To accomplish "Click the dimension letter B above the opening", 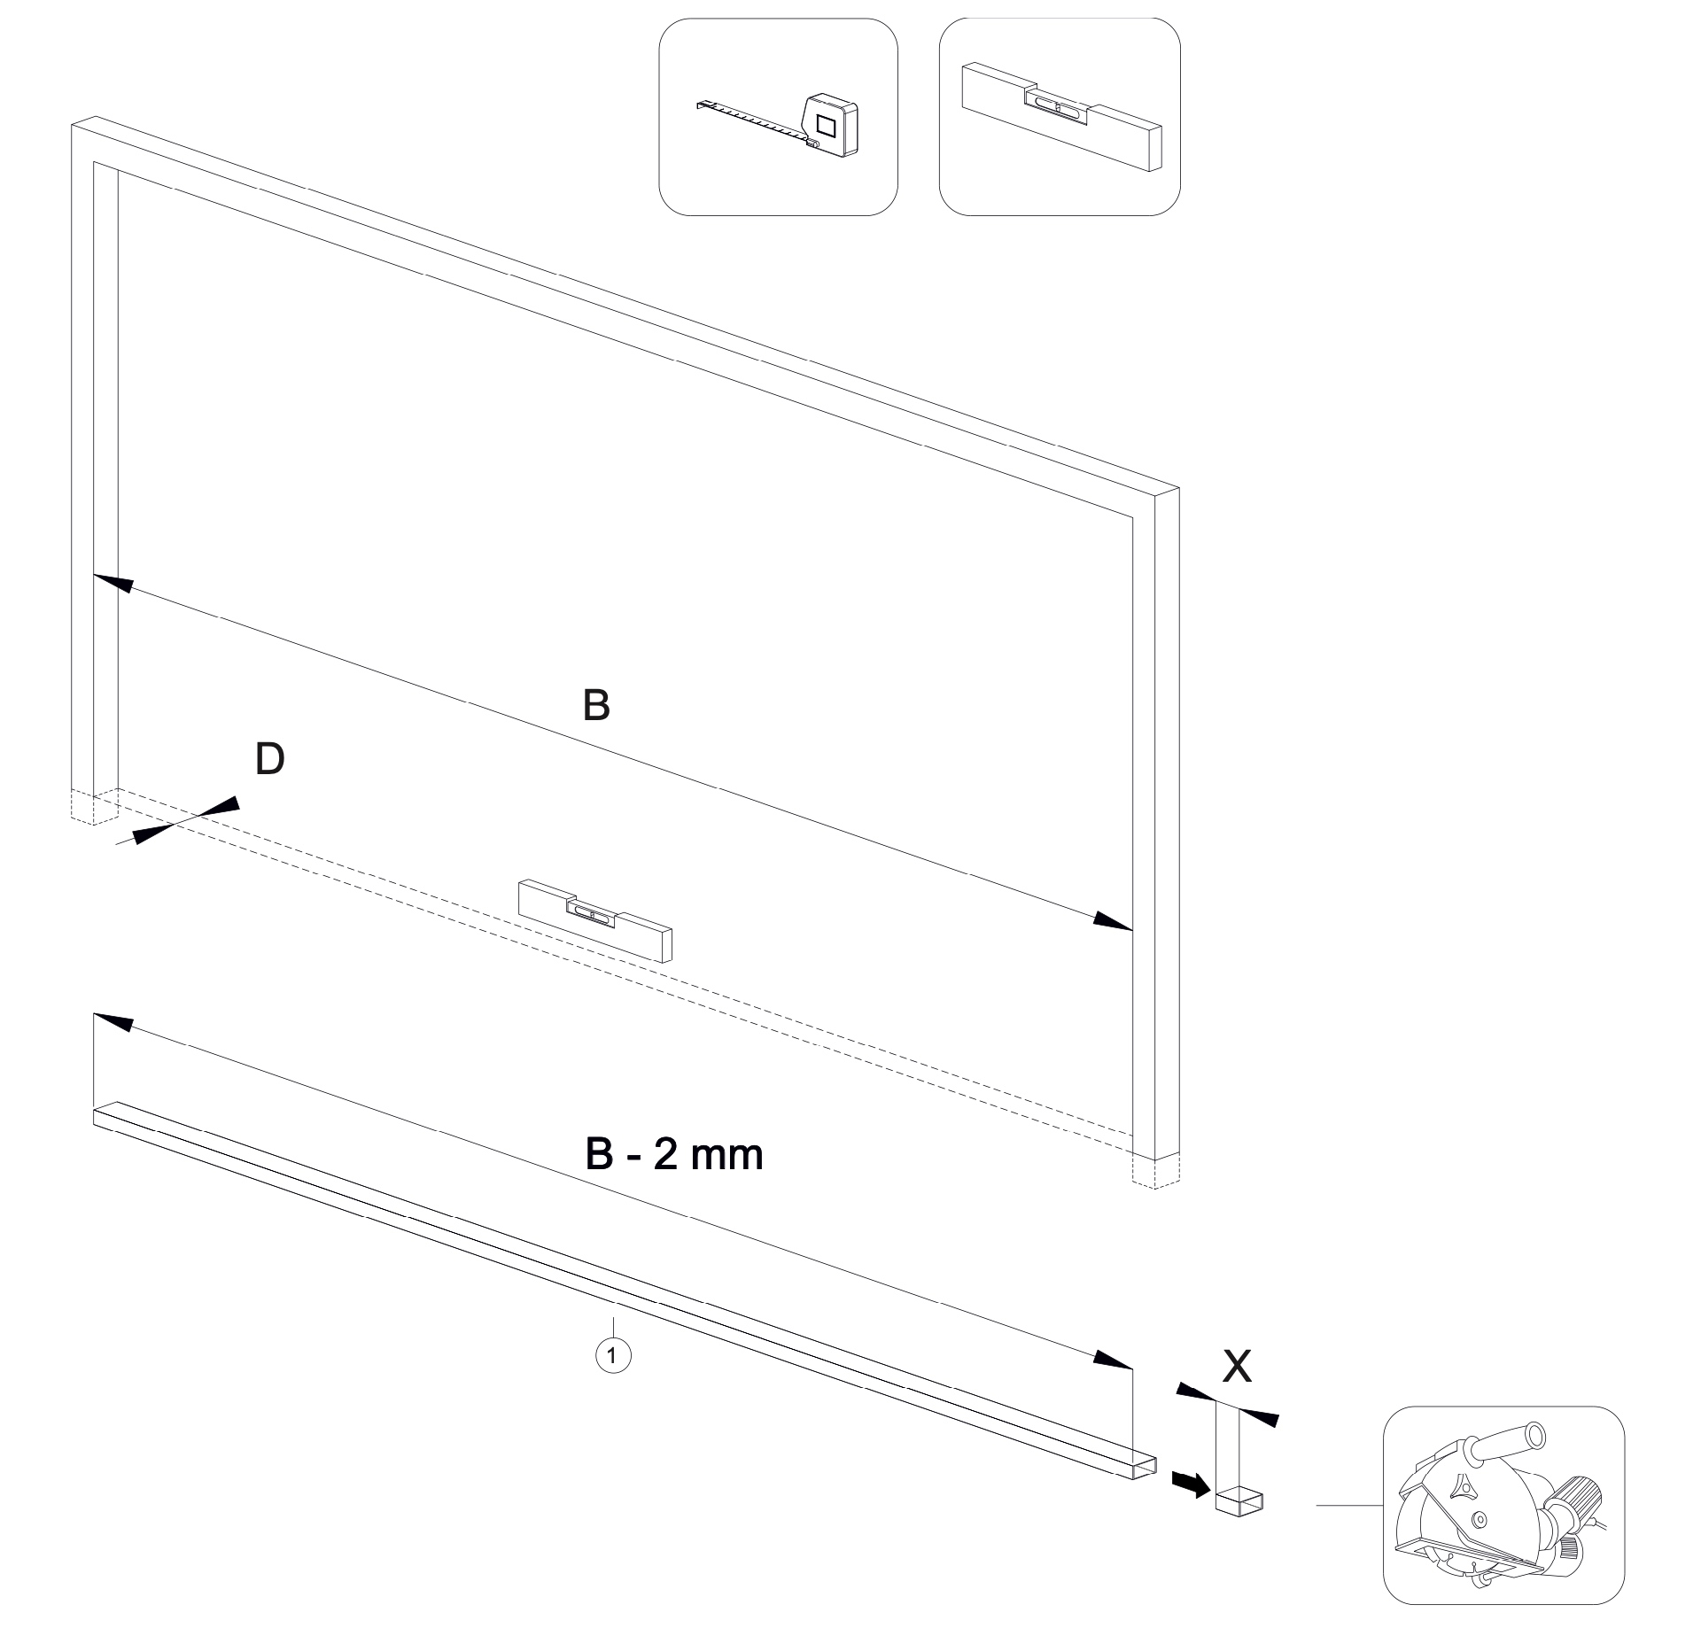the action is point(597,706).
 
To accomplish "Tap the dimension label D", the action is point(269,759).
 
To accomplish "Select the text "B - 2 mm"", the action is point(674,1155).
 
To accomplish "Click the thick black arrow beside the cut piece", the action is point(1191,1480).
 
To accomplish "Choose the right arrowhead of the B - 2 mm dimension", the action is point(1113,1360).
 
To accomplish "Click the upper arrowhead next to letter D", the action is point(220,803).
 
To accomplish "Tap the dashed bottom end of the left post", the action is point(94,805).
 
